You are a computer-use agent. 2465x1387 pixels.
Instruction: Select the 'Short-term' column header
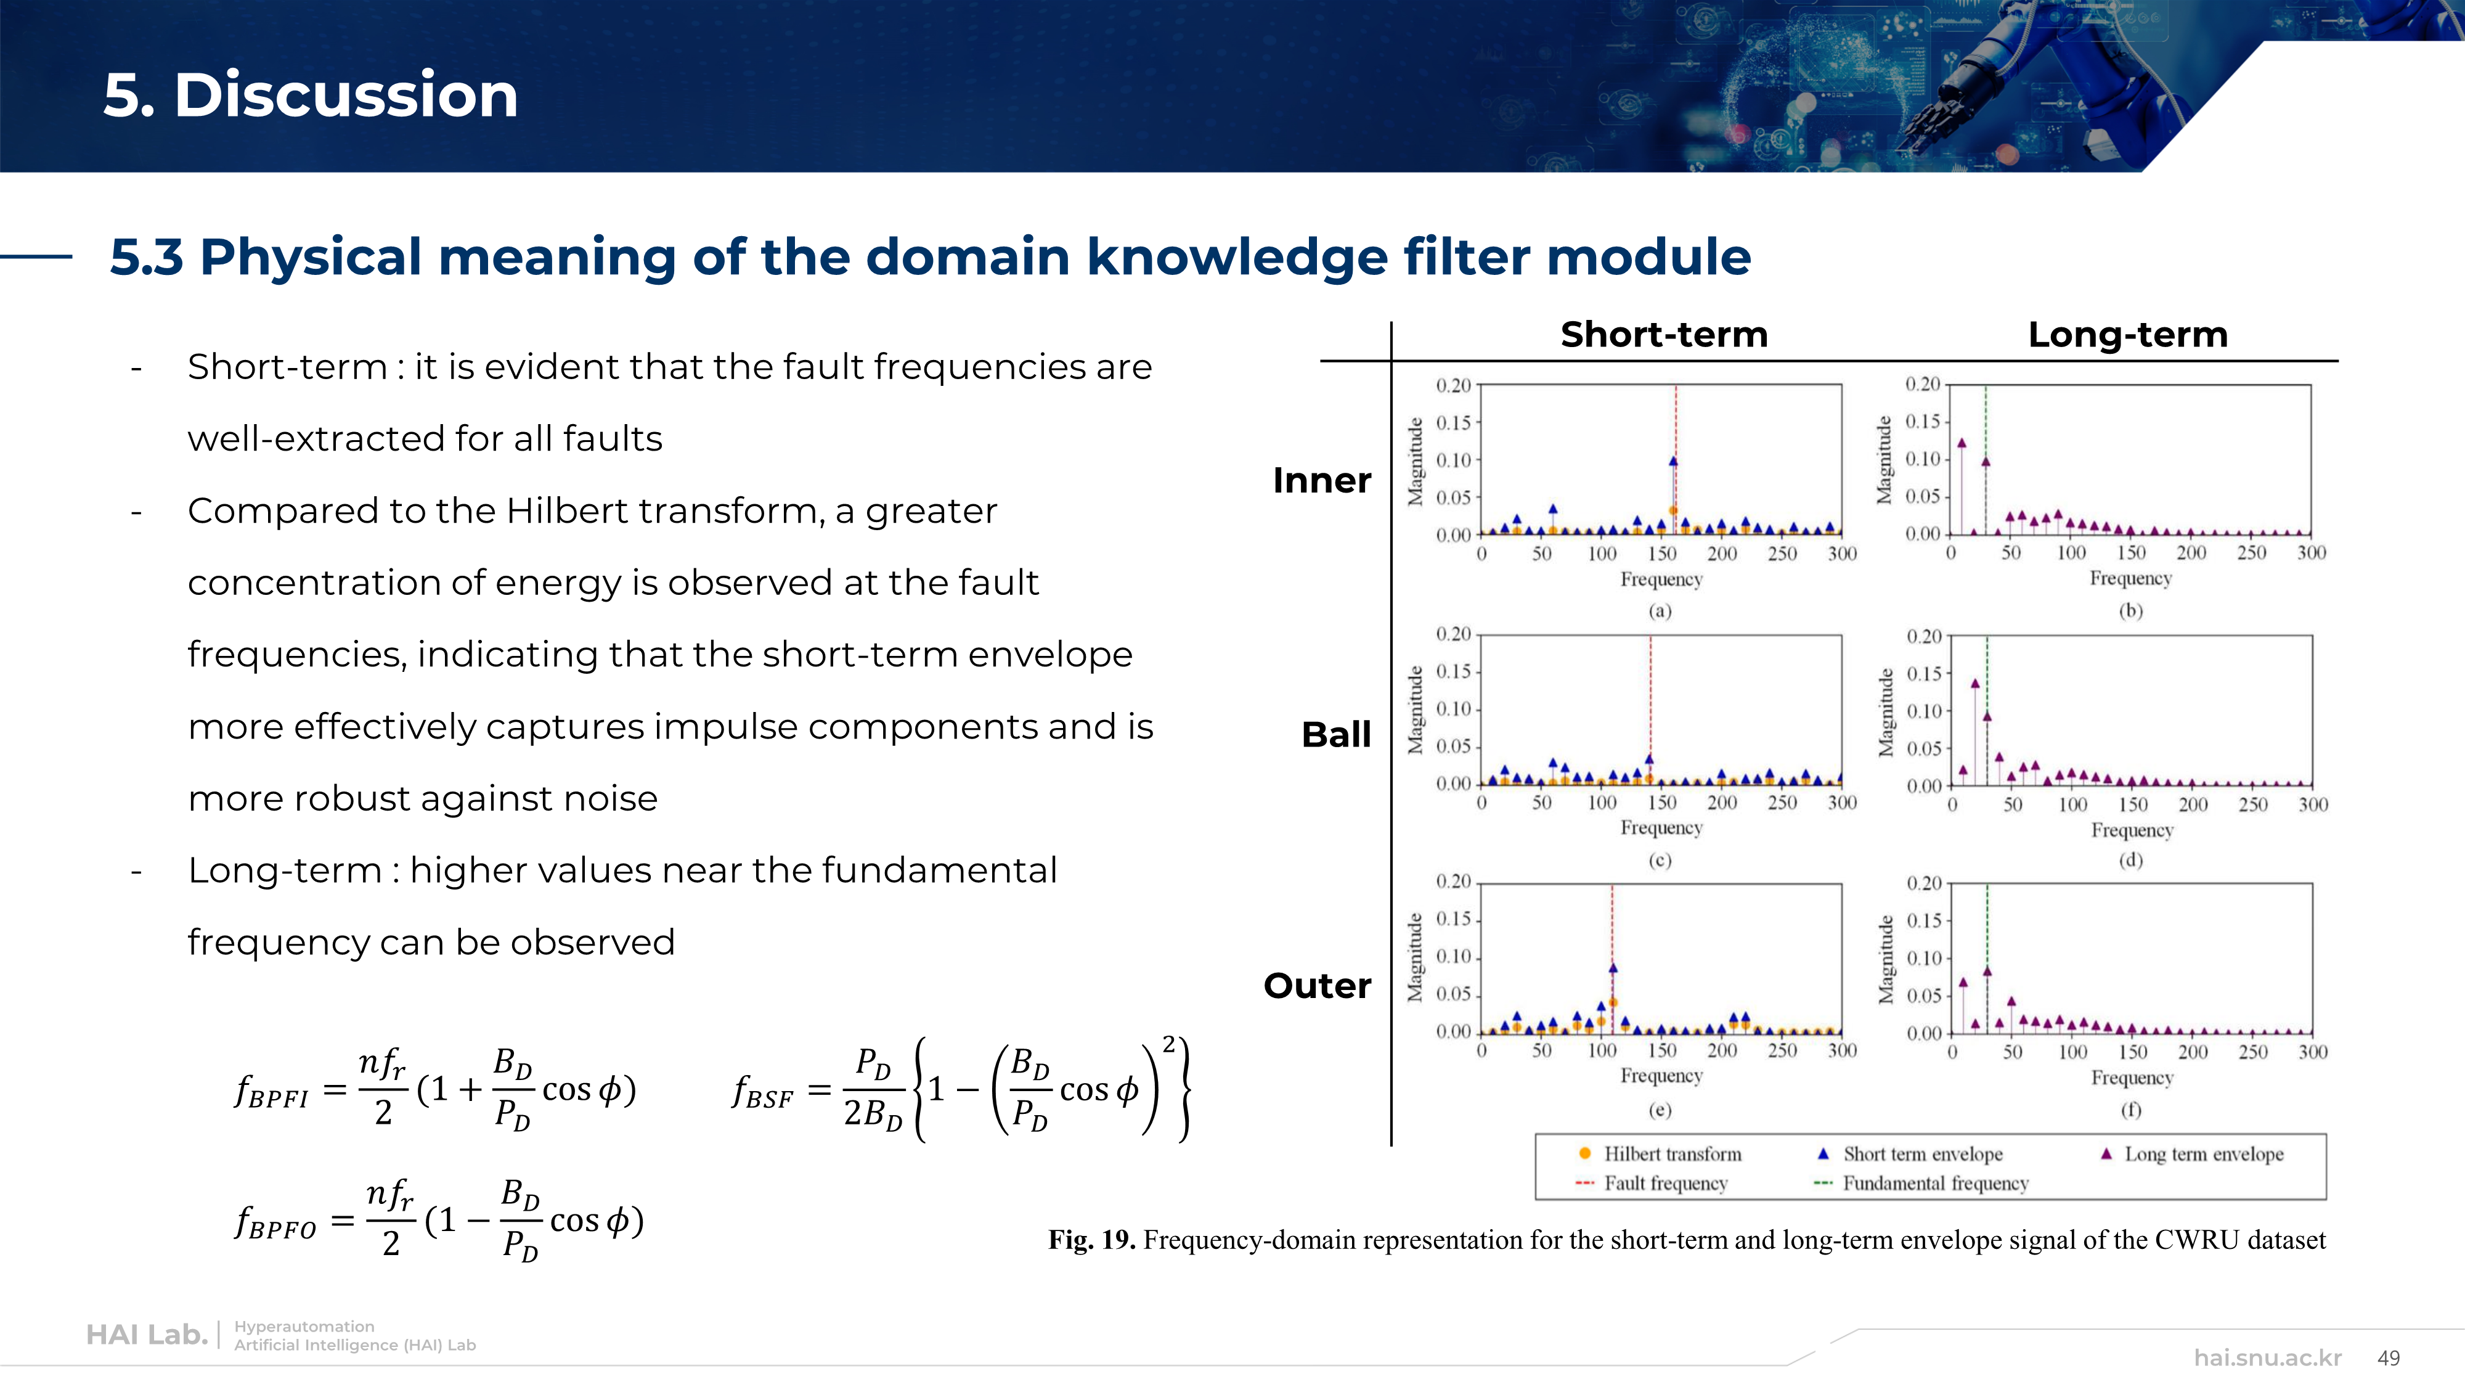(x=1664, y=334)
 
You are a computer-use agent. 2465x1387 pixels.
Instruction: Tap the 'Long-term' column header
(x=2128, y=335)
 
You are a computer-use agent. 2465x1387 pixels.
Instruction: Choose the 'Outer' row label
(x=1317, y=985)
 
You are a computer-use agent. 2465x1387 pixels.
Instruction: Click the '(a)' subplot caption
(x=1660, y=611)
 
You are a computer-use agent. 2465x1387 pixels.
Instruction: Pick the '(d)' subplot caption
(x=2130, y=859)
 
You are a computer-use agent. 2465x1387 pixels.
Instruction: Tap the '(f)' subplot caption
(x=2130, y=1110)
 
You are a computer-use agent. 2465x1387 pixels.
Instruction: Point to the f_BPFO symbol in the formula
(x=275, y=1223)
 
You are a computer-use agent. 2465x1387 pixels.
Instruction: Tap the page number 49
(x=2389, y=1358)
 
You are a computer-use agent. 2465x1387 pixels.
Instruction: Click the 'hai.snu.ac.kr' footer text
(x=2268, y=1358)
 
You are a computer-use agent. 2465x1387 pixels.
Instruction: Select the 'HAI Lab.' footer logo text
(x=147, y=1335)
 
